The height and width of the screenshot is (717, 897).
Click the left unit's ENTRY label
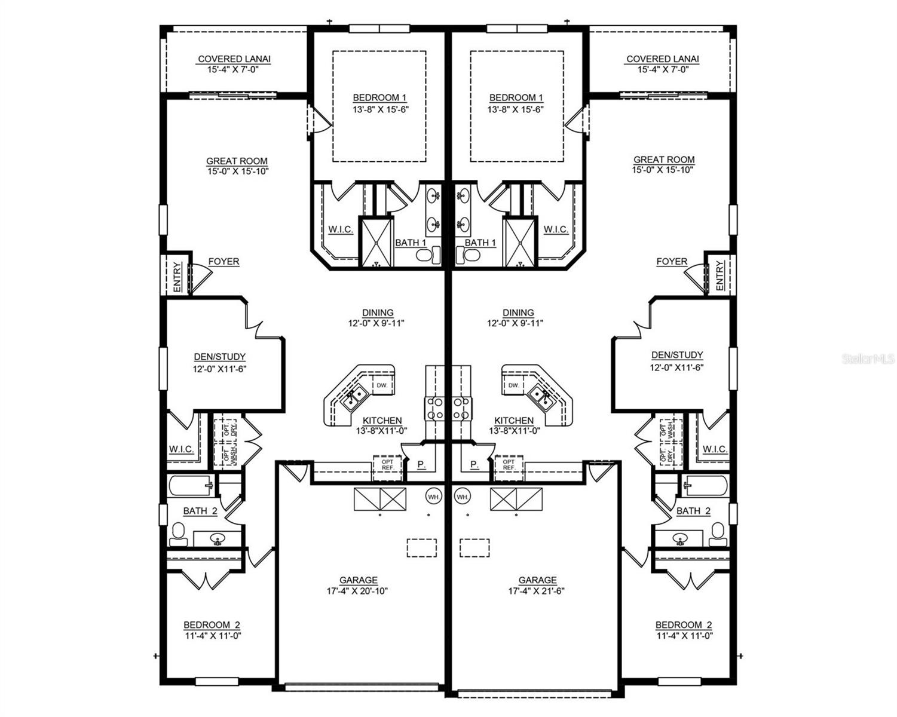click(x=177, y=277)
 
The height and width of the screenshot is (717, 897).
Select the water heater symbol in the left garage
click(x=433, y=496)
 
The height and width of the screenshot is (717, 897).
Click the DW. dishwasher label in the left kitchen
click(x=382, y=385)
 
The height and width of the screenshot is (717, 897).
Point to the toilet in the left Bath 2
click(x=178, y=534)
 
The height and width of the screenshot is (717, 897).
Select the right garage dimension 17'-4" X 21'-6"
click(x=537, y=591)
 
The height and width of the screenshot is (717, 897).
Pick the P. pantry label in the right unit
click(x=474, y=464)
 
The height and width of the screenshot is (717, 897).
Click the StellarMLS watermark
click(x=868, y=358)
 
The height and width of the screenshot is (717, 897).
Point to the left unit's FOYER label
click(x=224, y=262)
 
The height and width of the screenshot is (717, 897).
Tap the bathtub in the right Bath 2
click(x=706, y=485)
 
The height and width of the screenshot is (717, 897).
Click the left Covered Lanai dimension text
click(x=234, y=69)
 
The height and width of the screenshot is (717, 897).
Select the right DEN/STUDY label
click(x=677, y=355)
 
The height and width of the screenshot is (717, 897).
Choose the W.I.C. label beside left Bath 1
click(x=341, y=229)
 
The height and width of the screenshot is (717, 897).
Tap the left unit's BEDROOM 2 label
click(x=212, y=625)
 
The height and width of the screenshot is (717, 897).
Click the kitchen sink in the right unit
click(x=542, y=395)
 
